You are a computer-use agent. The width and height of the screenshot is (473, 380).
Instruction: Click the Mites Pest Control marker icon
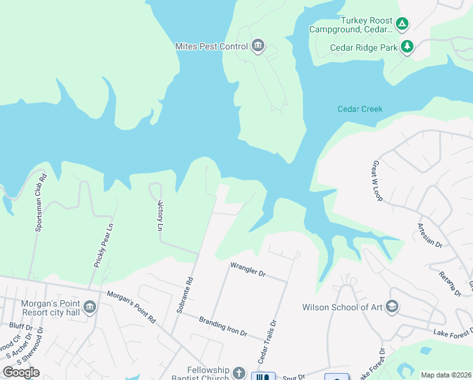(257, 46)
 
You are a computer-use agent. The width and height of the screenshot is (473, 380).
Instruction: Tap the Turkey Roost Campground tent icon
(402, 25)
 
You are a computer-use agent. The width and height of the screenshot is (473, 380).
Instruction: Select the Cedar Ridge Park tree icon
(408, 47)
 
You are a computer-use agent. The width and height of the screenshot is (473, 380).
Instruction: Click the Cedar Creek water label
(360, 109)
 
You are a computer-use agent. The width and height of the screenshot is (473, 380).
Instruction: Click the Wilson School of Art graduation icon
(391, 307)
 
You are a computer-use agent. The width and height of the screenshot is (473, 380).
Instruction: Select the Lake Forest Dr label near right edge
(453, 332)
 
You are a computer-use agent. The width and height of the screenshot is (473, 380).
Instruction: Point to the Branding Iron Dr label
(222, 326)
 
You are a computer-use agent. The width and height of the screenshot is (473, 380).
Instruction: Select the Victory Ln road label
(160, 217)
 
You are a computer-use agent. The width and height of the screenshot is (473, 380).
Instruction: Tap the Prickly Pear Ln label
(103, 244)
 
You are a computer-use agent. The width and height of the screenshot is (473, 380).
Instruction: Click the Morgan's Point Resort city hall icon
(89, 307)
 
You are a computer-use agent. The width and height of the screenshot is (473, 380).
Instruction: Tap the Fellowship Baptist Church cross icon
(238, 373)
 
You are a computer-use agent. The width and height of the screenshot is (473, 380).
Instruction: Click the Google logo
(21, 372)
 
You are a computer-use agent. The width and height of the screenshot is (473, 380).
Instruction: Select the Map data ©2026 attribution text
(446, 375)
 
